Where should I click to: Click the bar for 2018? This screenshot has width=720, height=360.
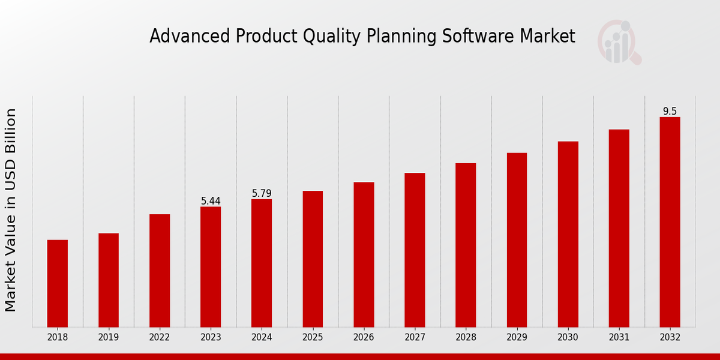pyautogui.click(x=58, y=283)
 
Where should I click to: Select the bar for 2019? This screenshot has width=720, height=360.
pyautogui.click(x=109, y=280)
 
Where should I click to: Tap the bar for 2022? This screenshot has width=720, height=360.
pyautogui.click(x=160, y=271)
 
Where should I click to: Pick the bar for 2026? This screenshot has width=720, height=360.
pyautogui.click(x=364, y=254)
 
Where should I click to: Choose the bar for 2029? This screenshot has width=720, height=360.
pyautogui.click(x=517, y=240)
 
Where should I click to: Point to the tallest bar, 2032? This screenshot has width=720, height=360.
pyautogui.click(x=670, y=222)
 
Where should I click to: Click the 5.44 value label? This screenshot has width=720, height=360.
pyautogui.click(x=211, y=201)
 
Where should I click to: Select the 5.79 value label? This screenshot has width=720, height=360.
pyautogui.click(x=262, y=193)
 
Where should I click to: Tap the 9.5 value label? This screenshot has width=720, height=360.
pyautogui.click(x=670, y=111)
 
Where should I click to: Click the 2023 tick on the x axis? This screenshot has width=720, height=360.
pyautogui.click(x=211, y=337)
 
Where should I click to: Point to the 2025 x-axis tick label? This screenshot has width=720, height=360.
pyautogui.click(x=313, y=337)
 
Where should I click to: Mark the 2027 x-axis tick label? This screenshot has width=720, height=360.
pyautogui.click(x=415, y=337)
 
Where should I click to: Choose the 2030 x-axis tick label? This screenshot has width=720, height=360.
pyautogui.click(x=568, y=337)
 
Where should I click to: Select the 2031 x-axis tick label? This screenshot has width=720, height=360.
pyautogui.click(x=619, y=337)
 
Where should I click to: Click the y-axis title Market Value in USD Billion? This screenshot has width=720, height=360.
pyautogui.click(x=11, y=210)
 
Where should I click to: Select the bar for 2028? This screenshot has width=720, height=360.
pyautogui.click(x=466, y=245)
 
